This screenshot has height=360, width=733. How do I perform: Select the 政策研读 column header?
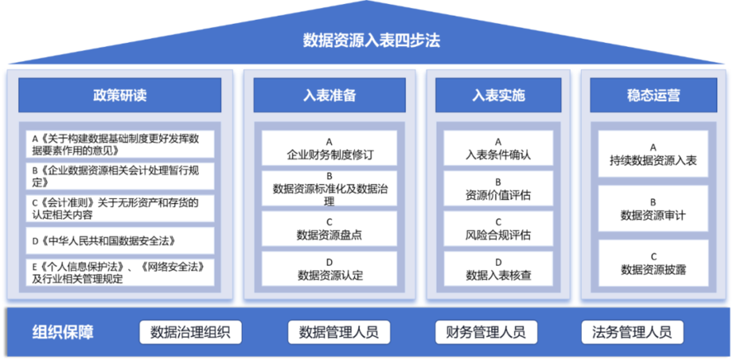[x=120, y=95]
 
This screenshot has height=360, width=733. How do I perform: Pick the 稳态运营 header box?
[x=653, y=95]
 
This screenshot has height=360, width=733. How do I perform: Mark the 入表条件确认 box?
[x=498, y=148]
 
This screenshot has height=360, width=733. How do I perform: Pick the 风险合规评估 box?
[x=498, y=228]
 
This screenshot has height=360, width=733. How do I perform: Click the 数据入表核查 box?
[x=498, y=268]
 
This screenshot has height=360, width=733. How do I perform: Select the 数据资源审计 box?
[x=653, y=208]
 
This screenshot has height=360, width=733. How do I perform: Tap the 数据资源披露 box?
[x=653, y=263]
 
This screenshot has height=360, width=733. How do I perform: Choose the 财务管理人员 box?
[x=485, y=333]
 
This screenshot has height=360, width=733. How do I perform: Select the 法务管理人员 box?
[x=631, y=333]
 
